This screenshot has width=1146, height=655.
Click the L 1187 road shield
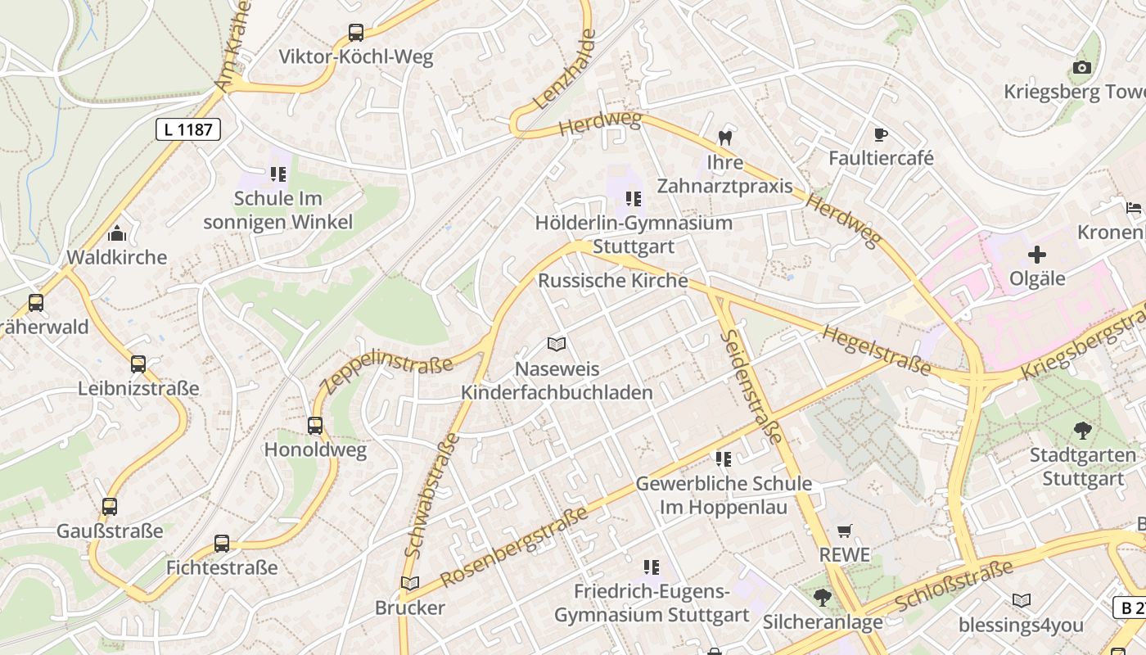point(188,129)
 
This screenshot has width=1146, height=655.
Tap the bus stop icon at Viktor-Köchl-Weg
point(355,33)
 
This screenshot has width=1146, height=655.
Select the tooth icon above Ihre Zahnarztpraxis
point(724,138)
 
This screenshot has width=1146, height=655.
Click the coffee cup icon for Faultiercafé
point(881,134)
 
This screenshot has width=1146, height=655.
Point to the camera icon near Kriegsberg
point(1082,68)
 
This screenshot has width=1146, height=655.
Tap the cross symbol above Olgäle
point(1037,255)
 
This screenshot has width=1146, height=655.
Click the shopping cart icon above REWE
point(845,531)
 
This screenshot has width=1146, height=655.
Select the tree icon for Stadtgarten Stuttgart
point(1083,430)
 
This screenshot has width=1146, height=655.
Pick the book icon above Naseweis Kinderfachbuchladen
point(557,345)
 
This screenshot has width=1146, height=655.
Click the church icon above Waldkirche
point(116,233)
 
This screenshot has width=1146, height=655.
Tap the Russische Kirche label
point(612,280)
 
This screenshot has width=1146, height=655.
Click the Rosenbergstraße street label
point(515,546)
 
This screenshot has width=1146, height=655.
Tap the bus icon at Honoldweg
point(315,426)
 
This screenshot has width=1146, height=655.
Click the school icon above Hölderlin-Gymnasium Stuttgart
point(633,199)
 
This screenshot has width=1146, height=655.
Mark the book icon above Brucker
point(409,583)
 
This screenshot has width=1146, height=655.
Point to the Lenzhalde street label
point(565,70)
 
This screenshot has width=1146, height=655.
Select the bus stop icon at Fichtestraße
point(222,543)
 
